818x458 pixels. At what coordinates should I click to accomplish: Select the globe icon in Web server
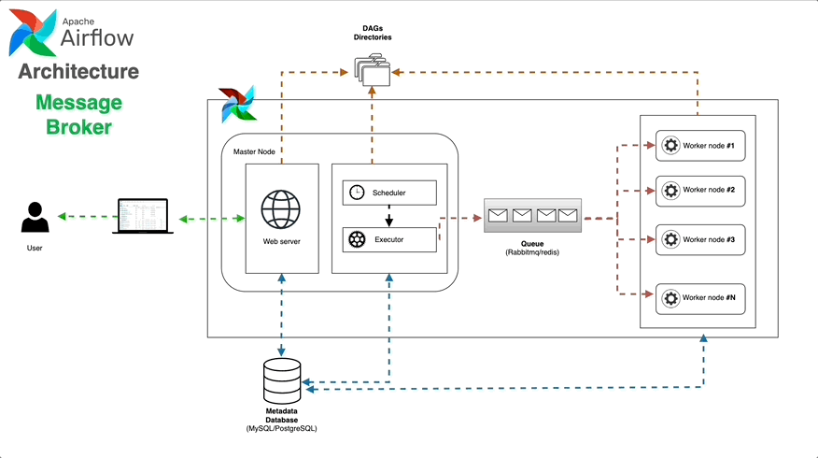[x=281, y=210]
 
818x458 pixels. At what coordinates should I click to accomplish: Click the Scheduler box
[x=389, y=193]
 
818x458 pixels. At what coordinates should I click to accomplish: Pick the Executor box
[x=389, y=239]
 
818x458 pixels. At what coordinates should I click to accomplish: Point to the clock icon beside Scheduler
[x=357, y=193]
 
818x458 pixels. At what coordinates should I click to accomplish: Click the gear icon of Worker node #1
[x=670, y=146]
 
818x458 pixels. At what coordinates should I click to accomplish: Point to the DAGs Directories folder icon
[x=373, y=68]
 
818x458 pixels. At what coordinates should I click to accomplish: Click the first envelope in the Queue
[x=498, y=216]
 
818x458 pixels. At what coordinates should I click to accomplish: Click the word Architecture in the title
[x=78, y=72]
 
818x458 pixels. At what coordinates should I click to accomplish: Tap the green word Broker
[x=78, y=126]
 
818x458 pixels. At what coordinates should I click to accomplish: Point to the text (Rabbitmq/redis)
[x=532, y=252]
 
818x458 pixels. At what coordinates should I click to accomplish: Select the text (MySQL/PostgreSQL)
[x=281, y=428]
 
